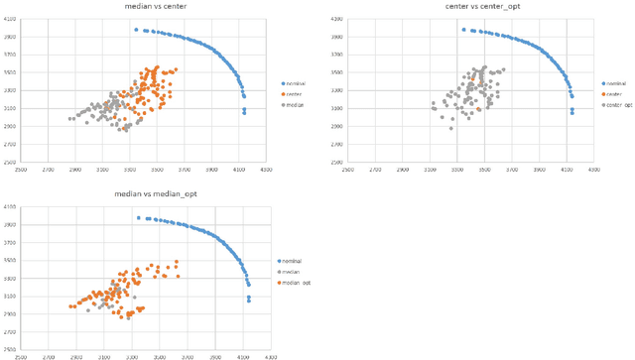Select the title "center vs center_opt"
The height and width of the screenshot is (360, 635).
point(460,7)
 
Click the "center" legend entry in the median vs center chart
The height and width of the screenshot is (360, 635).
point(294,93)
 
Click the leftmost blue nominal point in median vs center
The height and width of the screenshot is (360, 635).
point(136,30)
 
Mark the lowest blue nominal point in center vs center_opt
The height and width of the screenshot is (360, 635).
point(571,113)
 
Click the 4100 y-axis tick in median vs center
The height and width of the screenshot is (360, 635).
point(36,20)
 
